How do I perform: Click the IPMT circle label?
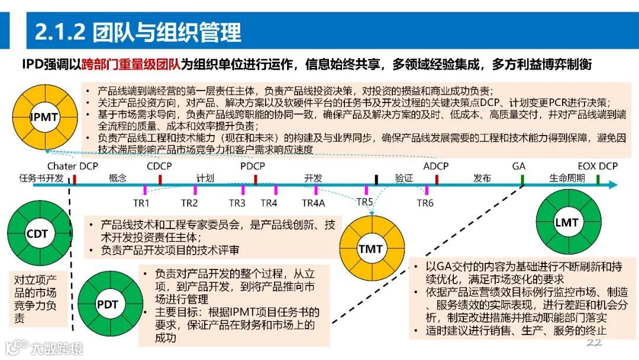coord(44,117)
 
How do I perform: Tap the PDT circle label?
coord(107,305)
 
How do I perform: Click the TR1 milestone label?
coord(141,203)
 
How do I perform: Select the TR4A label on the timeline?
coord(314,203)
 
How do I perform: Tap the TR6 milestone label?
coord(425,203)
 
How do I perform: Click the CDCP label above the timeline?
coord(159,166)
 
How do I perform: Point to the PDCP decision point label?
coord(253,166)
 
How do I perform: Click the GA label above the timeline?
coord(519,166)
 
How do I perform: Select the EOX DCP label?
coord(597,166)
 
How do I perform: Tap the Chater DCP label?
coord(73,166)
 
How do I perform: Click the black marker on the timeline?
coord(376,179)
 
